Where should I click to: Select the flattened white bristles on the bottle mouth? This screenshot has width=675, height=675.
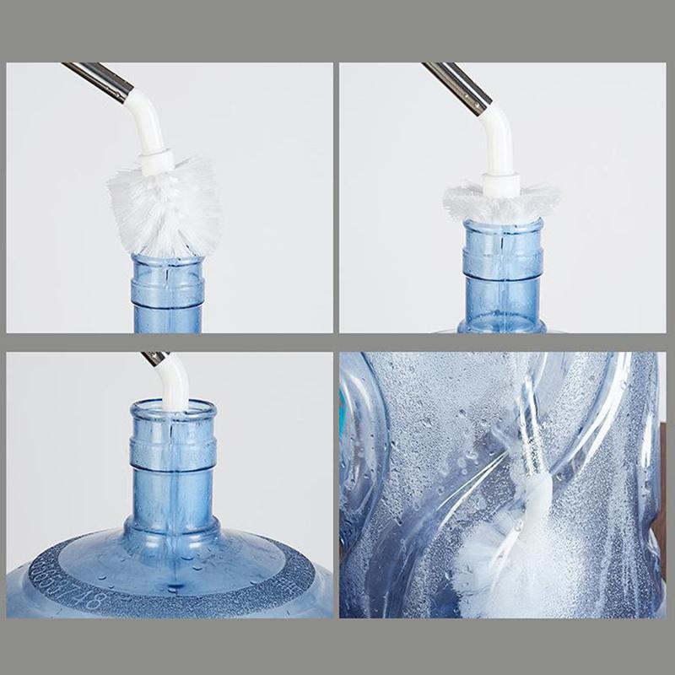(502, 202)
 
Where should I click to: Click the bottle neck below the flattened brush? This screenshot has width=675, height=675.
(503, 270)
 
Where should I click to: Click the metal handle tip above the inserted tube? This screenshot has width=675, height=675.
(154, 358)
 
